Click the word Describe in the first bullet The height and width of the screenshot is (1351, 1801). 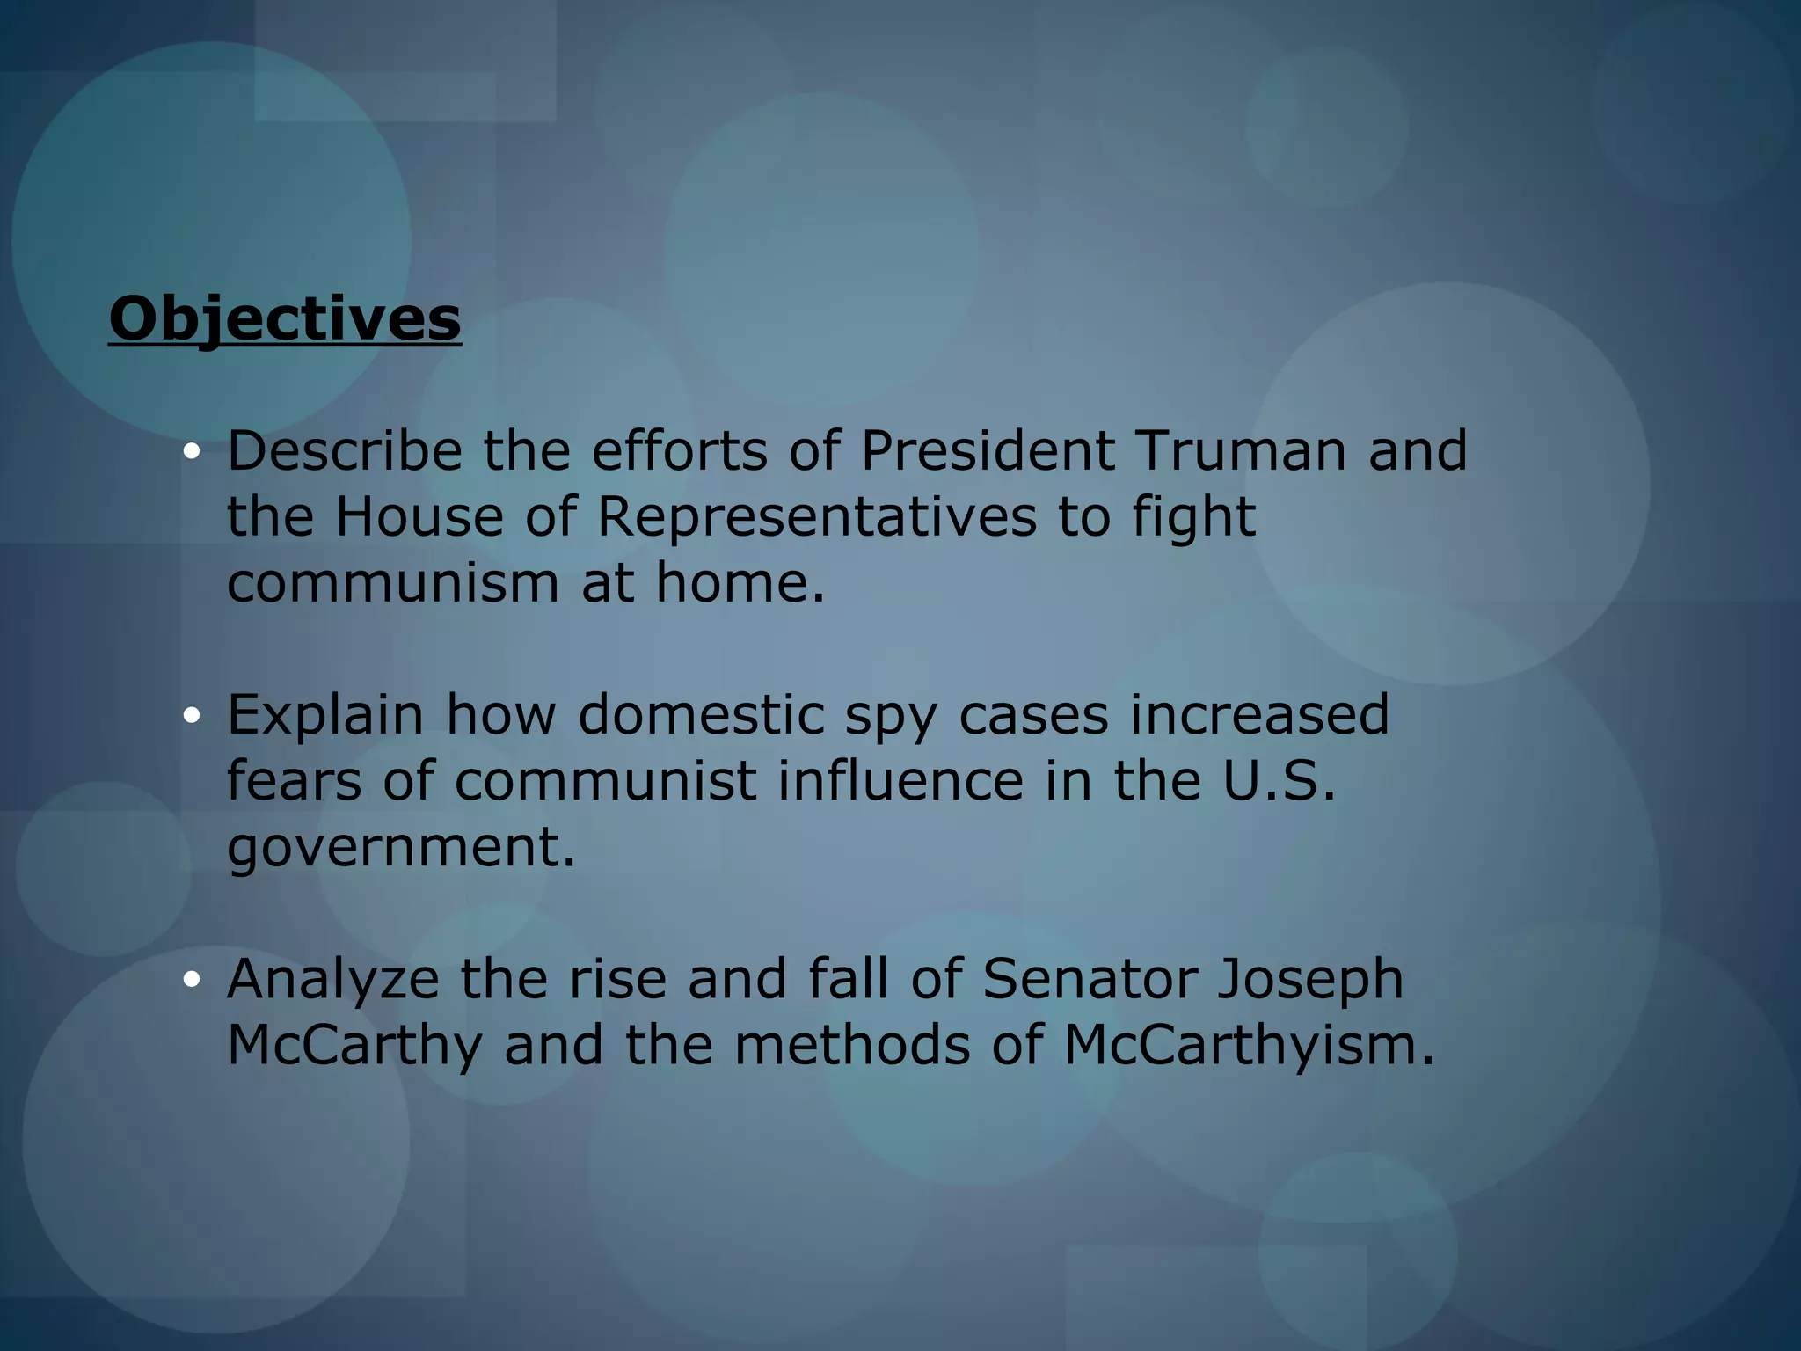click(344, 450)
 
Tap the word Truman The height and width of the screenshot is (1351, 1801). click(1241, 450)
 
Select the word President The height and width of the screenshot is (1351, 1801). click(988, 450)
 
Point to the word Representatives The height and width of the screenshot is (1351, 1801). click(817, 516)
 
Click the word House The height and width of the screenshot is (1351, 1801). click(419, 516)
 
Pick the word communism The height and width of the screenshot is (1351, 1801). click(393, 583)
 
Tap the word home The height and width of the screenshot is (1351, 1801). click(740, 583)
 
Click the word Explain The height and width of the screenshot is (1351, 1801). click(325, 714)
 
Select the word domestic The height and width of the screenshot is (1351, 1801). click(701, 714)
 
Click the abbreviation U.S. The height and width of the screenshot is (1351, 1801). click(1280, 780)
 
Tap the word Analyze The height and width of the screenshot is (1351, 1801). click(332, 979)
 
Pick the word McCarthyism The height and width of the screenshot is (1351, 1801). click(1249, 1045)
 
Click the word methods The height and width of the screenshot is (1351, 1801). click(852, 1045)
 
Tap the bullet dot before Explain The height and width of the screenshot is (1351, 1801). click(192, 716)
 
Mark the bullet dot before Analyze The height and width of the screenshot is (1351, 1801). click(192, 980)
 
